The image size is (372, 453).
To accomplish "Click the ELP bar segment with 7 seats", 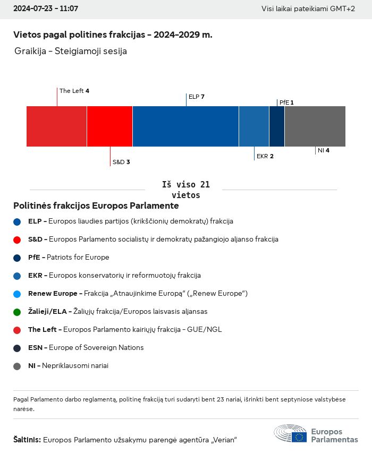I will click(x=185, y=126).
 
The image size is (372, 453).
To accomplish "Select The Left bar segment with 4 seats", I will click(x=56, y=126).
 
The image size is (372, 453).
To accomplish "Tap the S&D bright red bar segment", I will click(x=109, y=126).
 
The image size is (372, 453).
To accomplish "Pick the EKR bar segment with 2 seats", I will click(x=254, y=126).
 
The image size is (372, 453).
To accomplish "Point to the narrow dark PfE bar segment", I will click(x=277, y=126).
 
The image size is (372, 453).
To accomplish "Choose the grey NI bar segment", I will click(x=315, y=126).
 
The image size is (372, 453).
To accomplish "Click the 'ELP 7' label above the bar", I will click(x=197, y=97).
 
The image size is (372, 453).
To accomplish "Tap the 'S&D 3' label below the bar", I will click(x=121, y=162).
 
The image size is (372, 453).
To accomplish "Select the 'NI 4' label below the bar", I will click(x=324, y=150).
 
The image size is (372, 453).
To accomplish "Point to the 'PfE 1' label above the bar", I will click(x=286, y=102).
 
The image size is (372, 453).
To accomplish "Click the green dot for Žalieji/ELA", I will click(x=17, y=312).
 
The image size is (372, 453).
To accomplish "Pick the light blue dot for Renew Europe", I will click(x=17, y=294).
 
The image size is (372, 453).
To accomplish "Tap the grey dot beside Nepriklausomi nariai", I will click(x=17, y=366).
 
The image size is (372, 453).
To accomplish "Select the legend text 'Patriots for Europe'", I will click(x=78, y=258).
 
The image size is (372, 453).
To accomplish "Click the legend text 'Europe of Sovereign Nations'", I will click(x=96, y=348).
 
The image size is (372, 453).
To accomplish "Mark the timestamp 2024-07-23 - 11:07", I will click(x=46, y=9).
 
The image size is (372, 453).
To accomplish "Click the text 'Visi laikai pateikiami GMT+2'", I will click(x=308, y=9).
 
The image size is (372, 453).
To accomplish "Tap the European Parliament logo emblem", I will click(x=290, y=434).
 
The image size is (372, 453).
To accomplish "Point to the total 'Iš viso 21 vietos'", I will click(x=186, y=190).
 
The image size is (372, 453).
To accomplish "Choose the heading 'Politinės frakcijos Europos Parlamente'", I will click(x=96, y=206).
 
